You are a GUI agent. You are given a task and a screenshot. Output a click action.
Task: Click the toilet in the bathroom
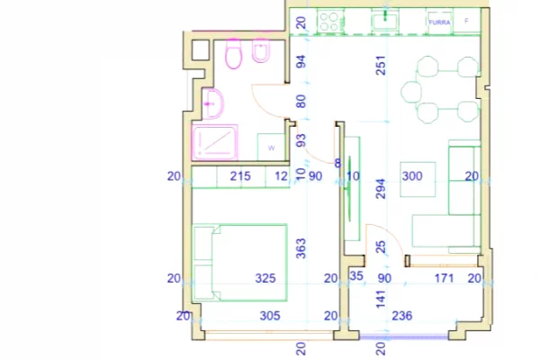(x=232, y=56)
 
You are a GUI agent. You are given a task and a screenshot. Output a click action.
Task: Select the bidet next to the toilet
(x=260, y=56)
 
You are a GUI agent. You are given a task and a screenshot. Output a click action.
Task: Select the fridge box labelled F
(x=466, y=20)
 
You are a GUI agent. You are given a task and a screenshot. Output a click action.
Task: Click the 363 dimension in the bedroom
(x=301, y=246)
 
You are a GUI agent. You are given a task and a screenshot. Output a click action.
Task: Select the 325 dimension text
(x=265, y=279)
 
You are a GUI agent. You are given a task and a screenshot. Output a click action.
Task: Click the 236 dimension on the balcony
(x=402, y=316)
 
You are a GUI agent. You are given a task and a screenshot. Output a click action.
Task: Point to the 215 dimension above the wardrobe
(x=240, y=176)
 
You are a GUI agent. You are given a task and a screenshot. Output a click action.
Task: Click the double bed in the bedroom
(x=240, y=261)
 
